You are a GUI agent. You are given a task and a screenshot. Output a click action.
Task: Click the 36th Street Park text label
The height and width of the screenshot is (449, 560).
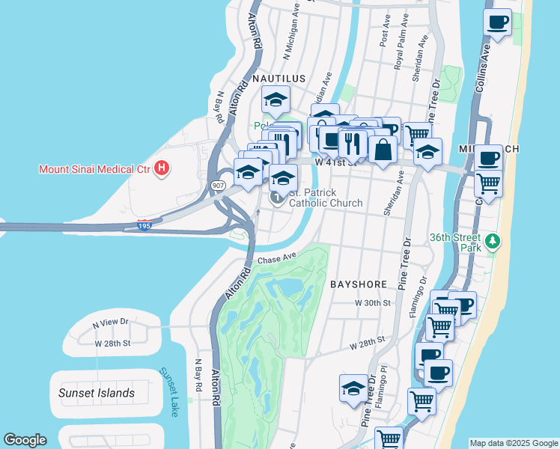[x=454, y=242]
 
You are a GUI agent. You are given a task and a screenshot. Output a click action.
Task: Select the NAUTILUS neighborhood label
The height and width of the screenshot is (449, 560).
[x=279, y=78]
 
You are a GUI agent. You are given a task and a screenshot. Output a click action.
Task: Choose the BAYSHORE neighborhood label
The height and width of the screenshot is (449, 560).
[x=359, y=284]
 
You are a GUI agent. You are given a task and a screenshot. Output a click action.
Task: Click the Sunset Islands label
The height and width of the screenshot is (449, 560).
[x=97, y=393]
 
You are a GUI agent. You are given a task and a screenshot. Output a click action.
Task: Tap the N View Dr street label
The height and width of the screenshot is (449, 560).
[x=111, y=324]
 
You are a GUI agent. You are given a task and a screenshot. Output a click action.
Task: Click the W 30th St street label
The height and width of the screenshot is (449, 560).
[x=373, y=303]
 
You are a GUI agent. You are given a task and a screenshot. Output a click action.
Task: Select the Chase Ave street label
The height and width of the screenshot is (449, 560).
[x=278, y=257]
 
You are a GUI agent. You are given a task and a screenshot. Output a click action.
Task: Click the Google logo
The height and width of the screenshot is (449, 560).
[x=25, y=440]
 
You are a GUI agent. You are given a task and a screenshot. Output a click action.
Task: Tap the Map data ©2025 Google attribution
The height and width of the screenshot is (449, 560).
[x=514, y=443]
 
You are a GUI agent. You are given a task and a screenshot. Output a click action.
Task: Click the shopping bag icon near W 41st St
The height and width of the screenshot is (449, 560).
[x=383, y=149]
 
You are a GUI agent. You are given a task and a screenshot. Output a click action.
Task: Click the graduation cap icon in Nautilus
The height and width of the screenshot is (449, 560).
[x=276, y=100]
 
